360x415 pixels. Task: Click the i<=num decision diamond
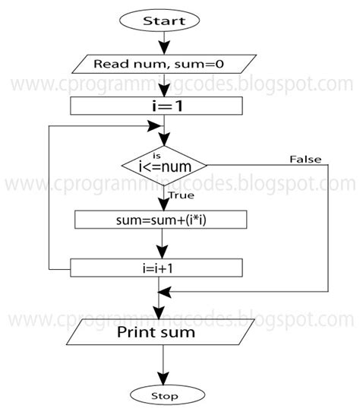(x=164, y=163)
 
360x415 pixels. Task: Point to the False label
(x=305, y=159)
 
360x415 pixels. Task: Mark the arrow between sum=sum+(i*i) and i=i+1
(x=159, y=244)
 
